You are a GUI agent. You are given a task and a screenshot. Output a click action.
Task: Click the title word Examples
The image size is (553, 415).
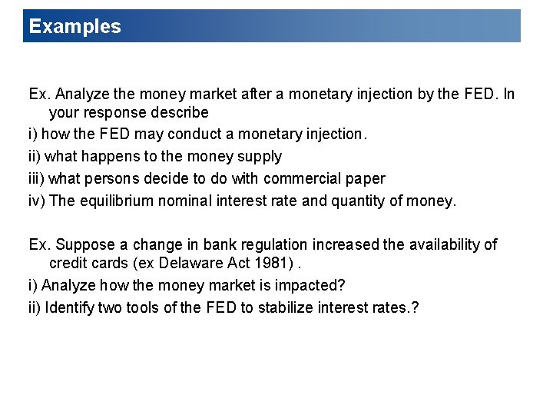coord(75,26)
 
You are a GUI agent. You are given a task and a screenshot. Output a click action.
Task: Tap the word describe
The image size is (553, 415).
coord(183,112)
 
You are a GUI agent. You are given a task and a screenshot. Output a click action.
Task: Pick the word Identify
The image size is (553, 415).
coord(70,308)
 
